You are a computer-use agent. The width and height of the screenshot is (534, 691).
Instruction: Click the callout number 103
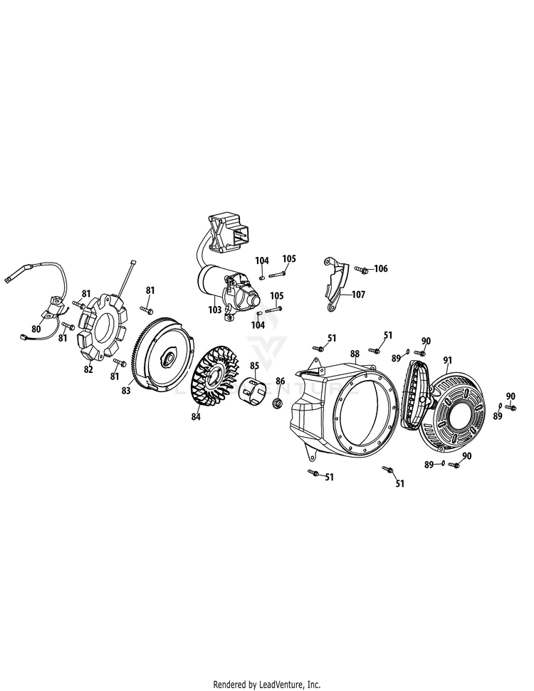215,310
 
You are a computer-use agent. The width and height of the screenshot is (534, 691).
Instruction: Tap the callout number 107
359,295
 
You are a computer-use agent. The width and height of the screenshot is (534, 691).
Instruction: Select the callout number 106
381,268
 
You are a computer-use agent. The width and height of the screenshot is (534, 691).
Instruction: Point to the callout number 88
355,354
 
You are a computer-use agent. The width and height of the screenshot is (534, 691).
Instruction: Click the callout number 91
448,361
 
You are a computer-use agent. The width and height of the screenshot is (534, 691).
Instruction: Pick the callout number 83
126,391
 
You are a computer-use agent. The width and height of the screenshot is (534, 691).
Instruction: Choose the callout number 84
195,416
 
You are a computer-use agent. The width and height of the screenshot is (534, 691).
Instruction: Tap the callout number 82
88,369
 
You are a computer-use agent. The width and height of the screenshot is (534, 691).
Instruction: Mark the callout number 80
36,329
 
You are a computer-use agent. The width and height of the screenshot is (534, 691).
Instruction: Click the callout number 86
281,381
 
